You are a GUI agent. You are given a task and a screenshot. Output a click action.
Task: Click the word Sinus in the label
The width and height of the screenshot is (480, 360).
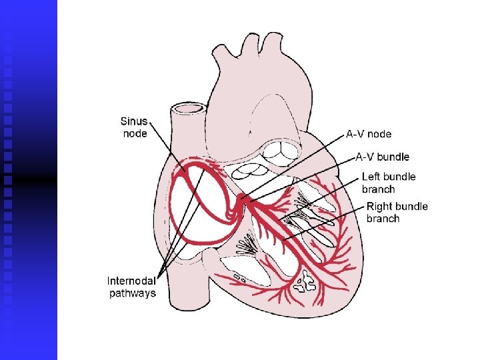(x=135, y=121)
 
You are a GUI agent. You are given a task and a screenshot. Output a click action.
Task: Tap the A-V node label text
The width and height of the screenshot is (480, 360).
(x=369, y=134)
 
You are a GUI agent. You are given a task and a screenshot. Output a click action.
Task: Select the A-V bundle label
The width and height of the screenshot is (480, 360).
(x=382, y=157)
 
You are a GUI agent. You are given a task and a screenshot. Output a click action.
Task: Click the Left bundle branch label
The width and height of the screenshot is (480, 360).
(x=388, y=183)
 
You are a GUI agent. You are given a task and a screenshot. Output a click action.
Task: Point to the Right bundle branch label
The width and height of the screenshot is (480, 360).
(x=397, y=212)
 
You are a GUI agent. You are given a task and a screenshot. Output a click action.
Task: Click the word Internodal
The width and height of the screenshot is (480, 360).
(x=132, y=281)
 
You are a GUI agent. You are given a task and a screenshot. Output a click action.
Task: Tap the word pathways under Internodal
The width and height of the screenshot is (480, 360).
(x=132, y=293)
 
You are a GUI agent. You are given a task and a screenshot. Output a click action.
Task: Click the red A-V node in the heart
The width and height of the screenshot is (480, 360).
(x=245, y=199)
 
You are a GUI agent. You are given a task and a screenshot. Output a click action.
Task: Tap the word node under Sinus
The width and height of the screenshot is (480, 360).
(x=135, y=133)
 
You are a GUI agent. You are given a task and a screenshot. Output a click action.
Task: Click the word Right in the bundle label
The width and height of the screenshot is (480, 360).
(x=380, y=207)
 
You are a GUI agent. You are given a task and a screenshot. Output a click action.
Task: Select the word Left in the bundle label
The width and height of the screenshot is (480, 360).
(x=372, y=177)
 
